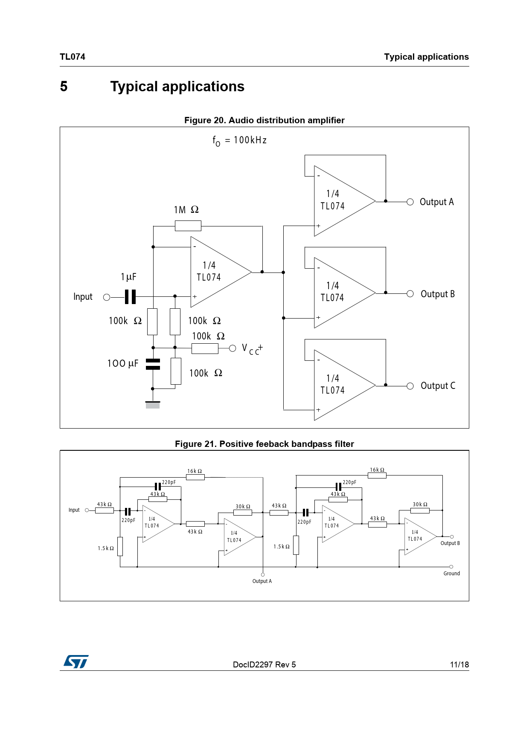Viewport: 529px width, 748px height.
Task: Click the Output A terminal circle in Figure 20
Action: tap(410, 202)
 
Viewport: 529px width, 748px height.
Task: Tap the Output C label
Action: tap(438, 386)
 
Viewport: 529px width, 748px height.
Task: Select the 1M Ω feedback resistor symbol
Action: tap(188, 226)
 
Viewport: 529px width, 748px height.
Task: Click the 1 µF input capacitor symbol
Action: tap(130, 297)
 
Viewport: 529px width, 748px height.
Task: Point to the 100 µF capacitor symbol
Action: tap(153, 364)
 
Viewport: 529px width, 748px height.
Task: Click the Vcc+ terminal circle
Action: tap(233, 348)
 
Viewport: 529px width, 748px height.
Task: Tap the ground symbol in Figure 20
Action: tap(153, 404)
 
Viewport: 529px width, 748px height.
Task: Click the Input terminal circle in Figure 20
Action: tap(107, 297)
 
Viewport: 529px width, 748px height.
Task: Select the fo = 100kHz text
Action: tap(240, 141)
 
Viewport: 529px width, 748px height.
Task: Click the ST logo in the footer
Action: tap(76, 661)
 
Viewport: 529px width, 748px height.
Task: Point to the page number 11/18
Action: tap(459, 664)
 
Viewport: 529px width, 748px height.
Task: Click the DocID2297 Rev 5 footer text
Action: tap(264, 664)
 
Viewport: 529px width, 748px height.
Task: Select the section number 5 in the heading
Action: tap(64, 87)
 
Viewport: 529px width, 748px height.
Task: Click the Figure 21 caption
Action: tap(264, 444)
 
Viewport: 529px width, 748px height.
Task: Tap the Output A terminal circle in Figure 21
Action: tap(263, 574)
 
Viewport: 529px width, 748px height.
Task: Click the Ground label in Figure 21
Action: tap(452, 574)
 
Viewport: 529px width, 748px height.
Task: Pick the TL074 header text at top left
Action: tap(73, 57)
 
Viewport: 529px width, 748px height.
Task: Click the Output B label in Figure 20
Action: tap(438, 294)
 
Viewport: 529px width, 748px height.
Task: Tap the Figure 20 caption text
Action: tap(264, 120)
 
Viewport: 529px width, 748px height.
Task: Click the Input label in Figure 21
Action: tap(74, 510)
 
